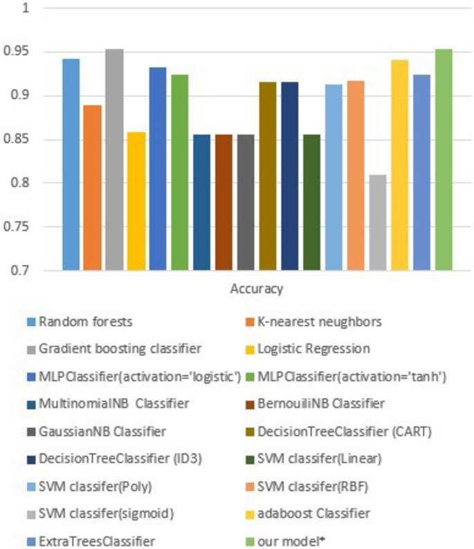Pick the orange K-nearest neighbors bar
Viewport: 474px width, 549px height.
[93, 188]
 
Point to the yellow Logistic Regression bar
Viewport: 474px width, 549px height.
[136, 201]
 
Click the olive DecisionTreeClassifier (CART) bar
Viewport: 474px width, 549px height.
[268, 176]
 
